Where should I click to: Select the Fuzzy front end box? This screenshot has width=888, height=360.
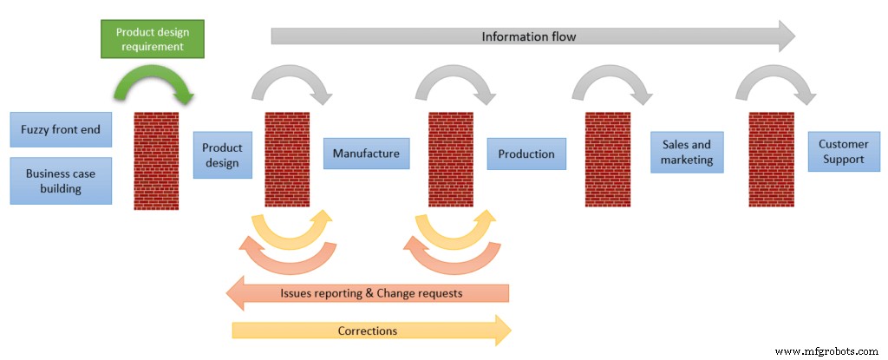[61, 130]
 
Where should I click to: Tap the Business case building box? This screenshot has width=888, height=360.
[61, 180]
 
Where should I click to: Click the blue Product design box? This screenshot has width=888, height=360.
[223, 155]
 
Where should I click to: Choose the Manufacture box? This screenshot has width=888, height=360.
[366, 154]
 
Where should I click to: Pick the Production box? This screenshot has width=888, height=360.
[526, 154]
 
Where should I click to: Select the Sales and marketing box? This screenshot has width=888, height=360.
[687, 153]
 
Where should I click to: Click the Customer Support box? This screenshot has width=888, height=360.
[841, 153]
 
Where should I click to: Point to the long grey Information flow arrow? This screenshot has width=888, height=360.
[529, 36]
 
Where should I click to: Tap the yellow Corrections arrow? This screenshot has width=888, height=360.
[371, 331]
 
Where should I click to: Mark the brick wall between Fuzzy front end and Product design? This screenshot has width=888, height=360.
[156, 160]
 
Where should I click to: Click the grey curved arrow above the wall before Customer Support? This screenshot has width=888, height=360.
[774, 83]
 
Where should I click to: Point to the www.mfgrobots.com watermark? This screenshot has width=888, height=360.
[826, 351]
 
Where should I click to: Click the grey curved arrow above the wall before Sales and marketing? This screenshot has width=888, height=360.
[610, 83]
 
